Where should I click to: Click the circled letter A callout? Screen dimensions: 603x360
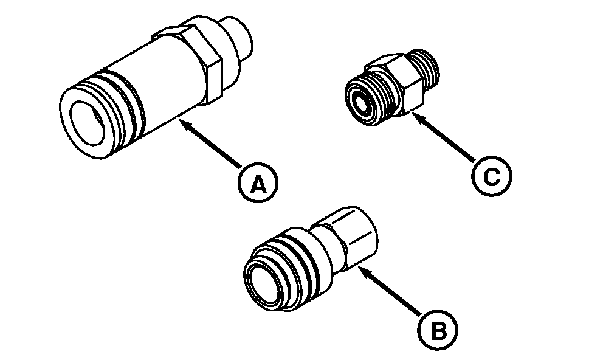coord(258,182)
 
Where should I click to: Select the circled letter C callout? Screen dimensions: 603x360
coord(492,176)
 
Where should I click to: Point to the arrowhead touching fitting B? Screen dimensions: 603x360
coord(364,272)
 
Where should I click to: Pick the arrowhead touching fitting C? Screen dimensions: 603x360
coord(418,117)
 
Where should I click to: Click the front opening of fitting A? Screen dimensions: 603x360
coord(87,123)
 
